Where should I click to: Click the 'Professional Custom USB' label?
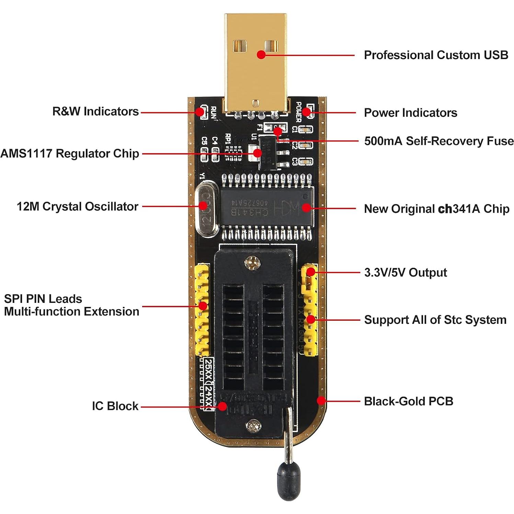click(436, 55)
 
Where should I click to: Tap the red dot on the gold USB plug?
click(261, 54)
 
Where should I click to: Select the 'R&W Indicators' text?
click(95, 112)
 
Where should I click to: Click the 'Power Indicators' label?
click(410, 113)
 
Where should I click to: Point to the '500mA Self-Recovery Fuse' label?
click(439, 141)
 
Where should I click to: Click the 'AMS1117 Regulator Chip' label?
click(70, 153)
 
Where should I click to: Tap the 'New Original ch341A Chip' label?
click(436, 209)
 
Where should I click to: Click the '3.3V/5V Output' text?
click(405, 273)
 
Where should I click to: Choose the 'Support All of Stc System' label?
click(435, 320)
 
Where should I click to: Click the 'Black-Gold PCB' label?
click(408, 401)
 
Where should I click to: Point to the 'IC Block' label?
click(115, 406)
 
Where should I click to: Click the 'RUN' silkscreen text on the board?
click(213, 113)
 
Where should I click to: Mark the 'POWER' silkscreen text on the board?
click(298, 112)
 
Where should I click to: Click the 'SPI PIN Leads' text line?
click(43, 299)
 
